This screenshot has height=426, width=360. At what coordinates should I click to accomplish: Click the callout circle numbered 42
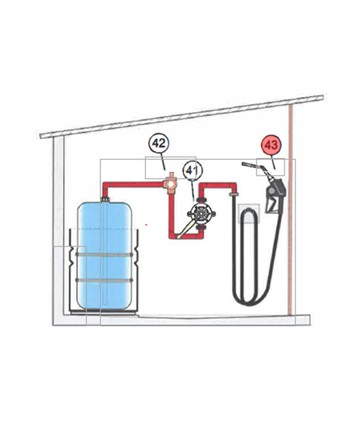(x=159, y=144)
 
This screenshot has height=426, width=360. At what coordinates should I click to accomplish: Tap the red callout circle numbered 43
(x=271, y=145)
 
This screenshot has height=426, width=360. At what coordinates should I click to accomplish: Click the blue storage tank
(x=104, y=255)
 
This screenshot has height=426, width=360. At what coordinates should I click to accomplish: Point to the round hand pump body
(x=201, y=214)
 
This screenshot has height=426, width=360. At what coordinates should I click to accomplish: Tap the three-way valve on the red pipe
(x=171, y=184)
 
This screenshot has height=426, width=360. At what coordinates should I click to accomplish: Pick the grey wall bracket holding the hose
(x=249, y=214)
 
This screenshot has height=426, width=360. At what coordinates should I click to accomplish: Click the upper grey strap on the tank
(x=104, y=254)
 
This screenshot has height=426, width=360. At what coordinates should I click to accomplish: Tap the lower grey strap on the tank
(x=104, y=280)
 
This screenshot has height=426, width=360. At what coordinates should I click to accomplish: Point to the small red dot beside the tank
(x=147, y=225)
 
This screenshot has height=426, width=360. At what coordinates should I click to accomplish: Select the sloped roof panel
(x=182, y=117)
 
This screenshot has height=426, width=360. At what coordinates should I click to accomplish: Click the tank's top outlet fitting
(x=105, y=200)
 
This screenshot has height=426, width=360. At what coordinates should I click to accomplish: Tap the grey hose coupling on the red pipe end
(x=233, y=194)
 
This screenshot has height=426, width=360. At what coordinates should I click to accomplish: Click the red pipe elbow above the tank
(x=105, y=186)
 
